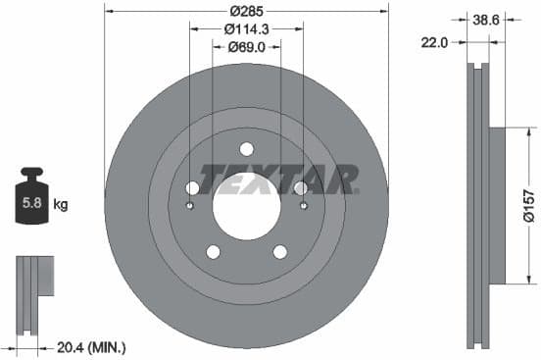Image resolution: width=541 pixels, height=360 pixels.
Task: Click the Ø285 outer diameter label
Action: click(246, 10)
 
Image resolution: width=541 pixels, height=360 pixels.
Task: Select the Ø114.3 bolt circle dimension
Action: click(246, 28)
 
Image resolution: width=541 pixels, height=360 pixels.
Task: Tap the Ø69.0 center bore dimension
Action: click(246, 46)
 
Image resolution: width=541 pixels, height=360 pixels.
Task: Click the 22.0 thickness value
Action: click(435, 42)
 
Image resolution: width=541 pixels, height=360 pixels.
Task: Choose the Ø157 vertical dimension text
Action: click(528, 206)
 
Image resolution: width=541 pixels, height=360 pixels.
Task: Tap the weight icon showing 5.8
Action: click(30, 203)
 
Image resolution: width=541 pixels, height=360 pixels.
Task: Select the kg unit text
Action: click(61, 205)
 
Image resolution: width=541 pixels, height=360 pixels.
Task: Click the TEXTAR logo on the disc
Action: click(278, 180)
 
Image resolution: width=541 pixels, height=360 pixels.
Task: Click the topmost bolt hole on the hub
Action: click(246, 149)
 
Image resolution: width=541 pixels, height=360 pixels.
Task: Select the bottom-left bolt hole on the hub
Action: click(213, 252)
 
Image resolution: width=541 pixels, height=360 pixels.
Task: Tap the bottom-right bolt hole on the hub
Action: click(279, 252)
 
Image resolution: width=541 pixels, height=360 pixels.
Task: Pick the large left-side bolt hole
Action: click(192, 187)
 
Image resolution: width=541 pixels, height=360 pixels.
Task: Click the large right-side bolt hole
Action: click(300, 187)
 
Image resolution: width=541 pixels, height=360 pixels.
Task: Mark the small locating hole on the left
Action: click(189, 205)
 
